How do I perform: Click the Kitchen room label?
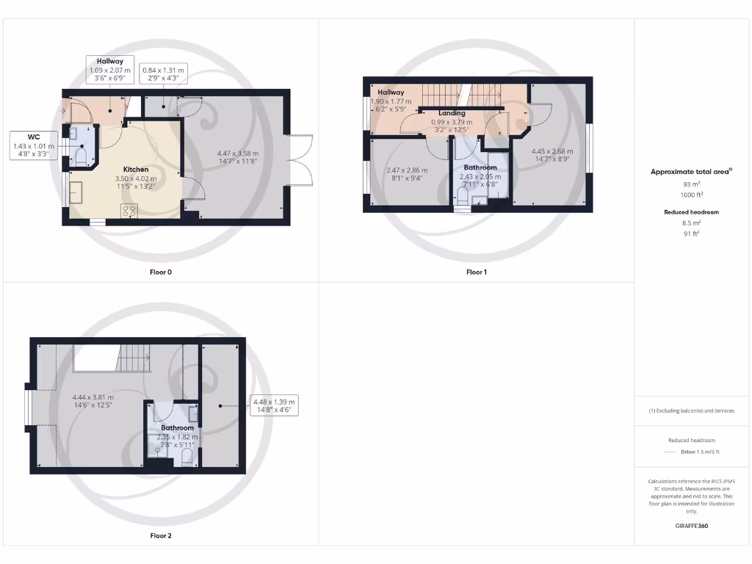pos(136,169)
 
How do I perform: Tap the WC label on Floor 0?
pos(33,137)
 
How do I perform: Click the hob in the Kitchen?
pos(129,211)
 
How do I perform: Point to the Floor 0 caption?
pos(160,272)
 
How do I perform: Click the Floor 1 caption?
pos(476,272)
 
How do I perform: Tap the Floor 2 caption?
pos(160,536)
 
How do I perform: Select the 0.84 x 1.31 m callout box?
pos(162,74)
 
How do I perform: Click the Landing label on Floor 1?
pos(452,113)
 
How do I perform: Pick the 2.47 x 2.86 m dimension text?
pos(407,170)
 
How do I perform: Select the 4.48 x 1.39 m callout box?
pos(273,406)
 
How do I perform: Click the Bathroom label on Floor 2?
pos(178,427)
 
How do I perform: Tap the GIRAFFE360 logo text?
pos(693,526)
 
